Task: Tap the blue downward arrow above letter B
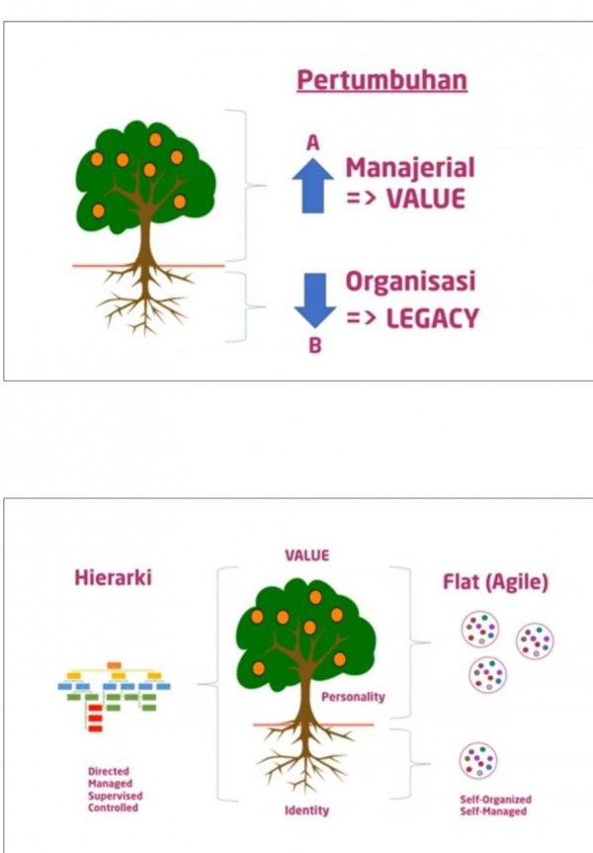click(x=312, y=298)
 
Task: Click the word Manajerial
click(x=410, y=167)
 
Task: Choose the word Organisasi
click(x=410, y=282)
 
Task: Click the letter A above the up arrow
click(x=312, y=143)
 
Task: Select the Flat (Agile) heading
click(x=494, y=581)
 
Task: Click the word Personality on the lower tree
click(x=353, y=697)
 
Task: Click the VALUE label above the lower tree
click(x=307, y=555)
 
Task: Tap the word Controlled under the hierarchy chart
click(x=113, y=808)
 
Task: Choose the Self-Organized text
click(x=495, y=799)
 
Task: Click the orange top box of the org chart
click(x=115, y=664)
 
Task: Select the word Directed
click(x=108, y=771)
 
